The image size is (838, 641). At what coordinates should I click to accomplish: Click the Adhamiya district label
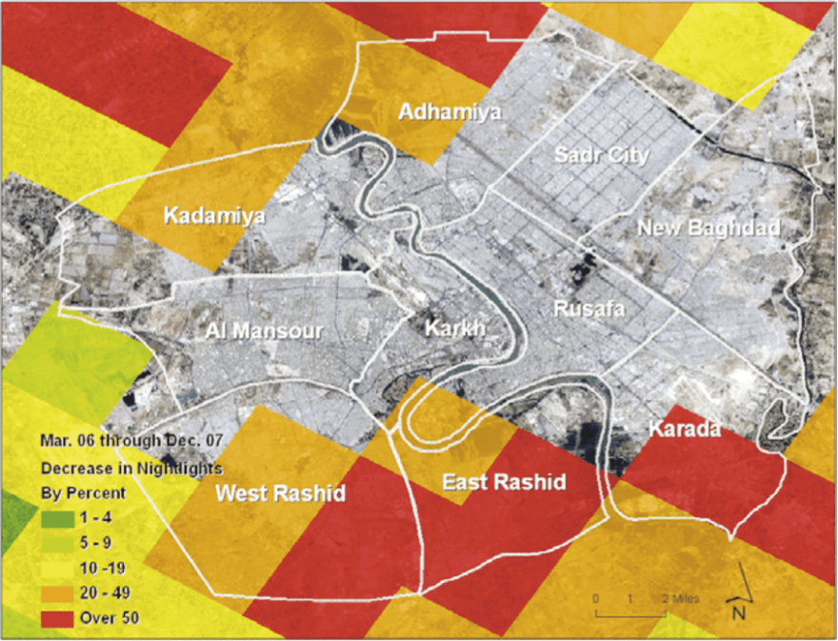click(449, 111)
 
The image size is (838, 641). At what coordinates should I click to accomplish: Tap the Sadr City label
click(602, 154)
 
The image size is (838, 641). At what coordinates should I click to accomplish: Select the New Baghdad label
click(708, 228)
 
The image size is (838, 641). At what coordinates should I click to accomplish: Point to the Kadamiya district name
click(214, 216)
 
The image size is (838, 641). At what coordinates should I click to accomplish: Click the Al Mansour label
click(265, 331)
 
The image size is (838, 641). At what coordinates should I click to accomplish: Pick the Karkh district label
click(454, 328)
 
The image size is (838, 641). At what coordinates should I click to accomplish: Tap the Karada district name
click(684, 430)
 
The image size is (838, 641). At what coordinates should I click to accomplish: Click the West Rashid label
click(280, 493)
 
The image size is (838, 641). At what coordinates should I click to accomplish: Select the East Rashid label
click(504, 482)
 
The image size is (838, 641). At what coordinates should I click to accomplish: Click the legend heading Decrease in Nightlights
click(131, 469)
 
